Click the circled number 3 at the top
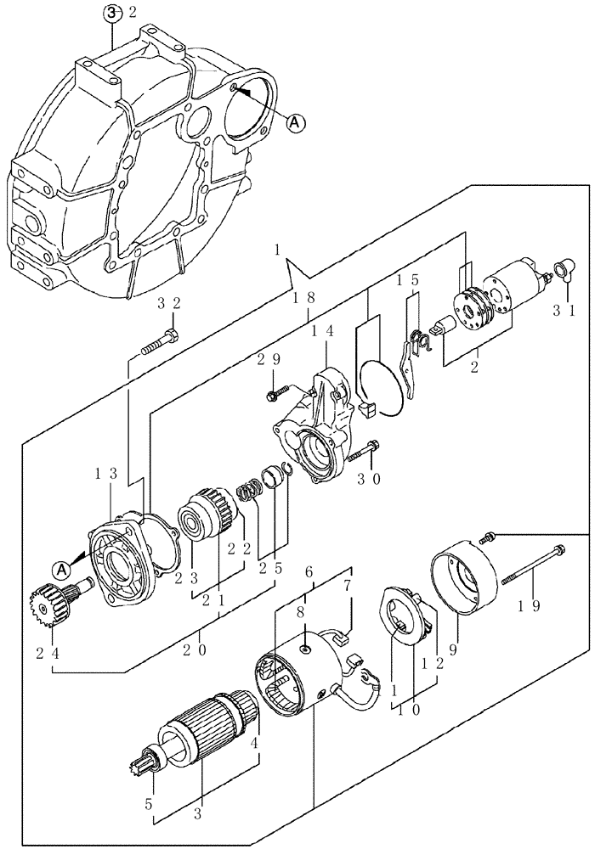(110, 12)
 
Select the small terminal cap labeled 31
(562, 271)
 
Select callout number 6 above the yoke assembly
(309, 573)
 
